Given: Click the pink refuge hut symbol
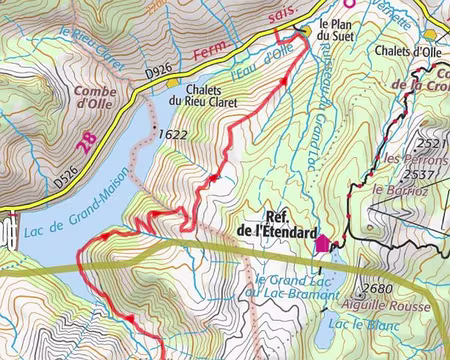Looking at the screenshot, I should pyautogui.click(x=322, y=242).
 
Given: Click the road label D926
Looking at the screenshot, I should pyautogui.click(x=159, y=72).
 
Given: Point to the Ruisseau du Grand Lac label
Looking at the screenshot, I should pyautogui.click(x=311, y=110).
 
